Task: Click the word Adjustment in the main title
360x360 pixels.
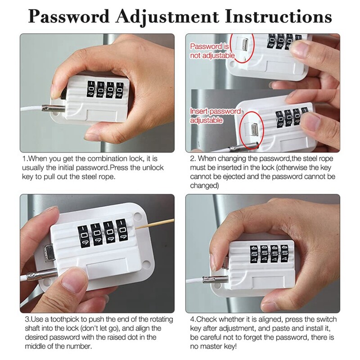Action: (166, 17)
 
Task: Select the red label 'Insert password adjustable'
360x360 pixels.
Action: (215, 116)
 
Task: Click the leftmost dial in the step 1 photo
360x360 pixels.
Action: (91, 90)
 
